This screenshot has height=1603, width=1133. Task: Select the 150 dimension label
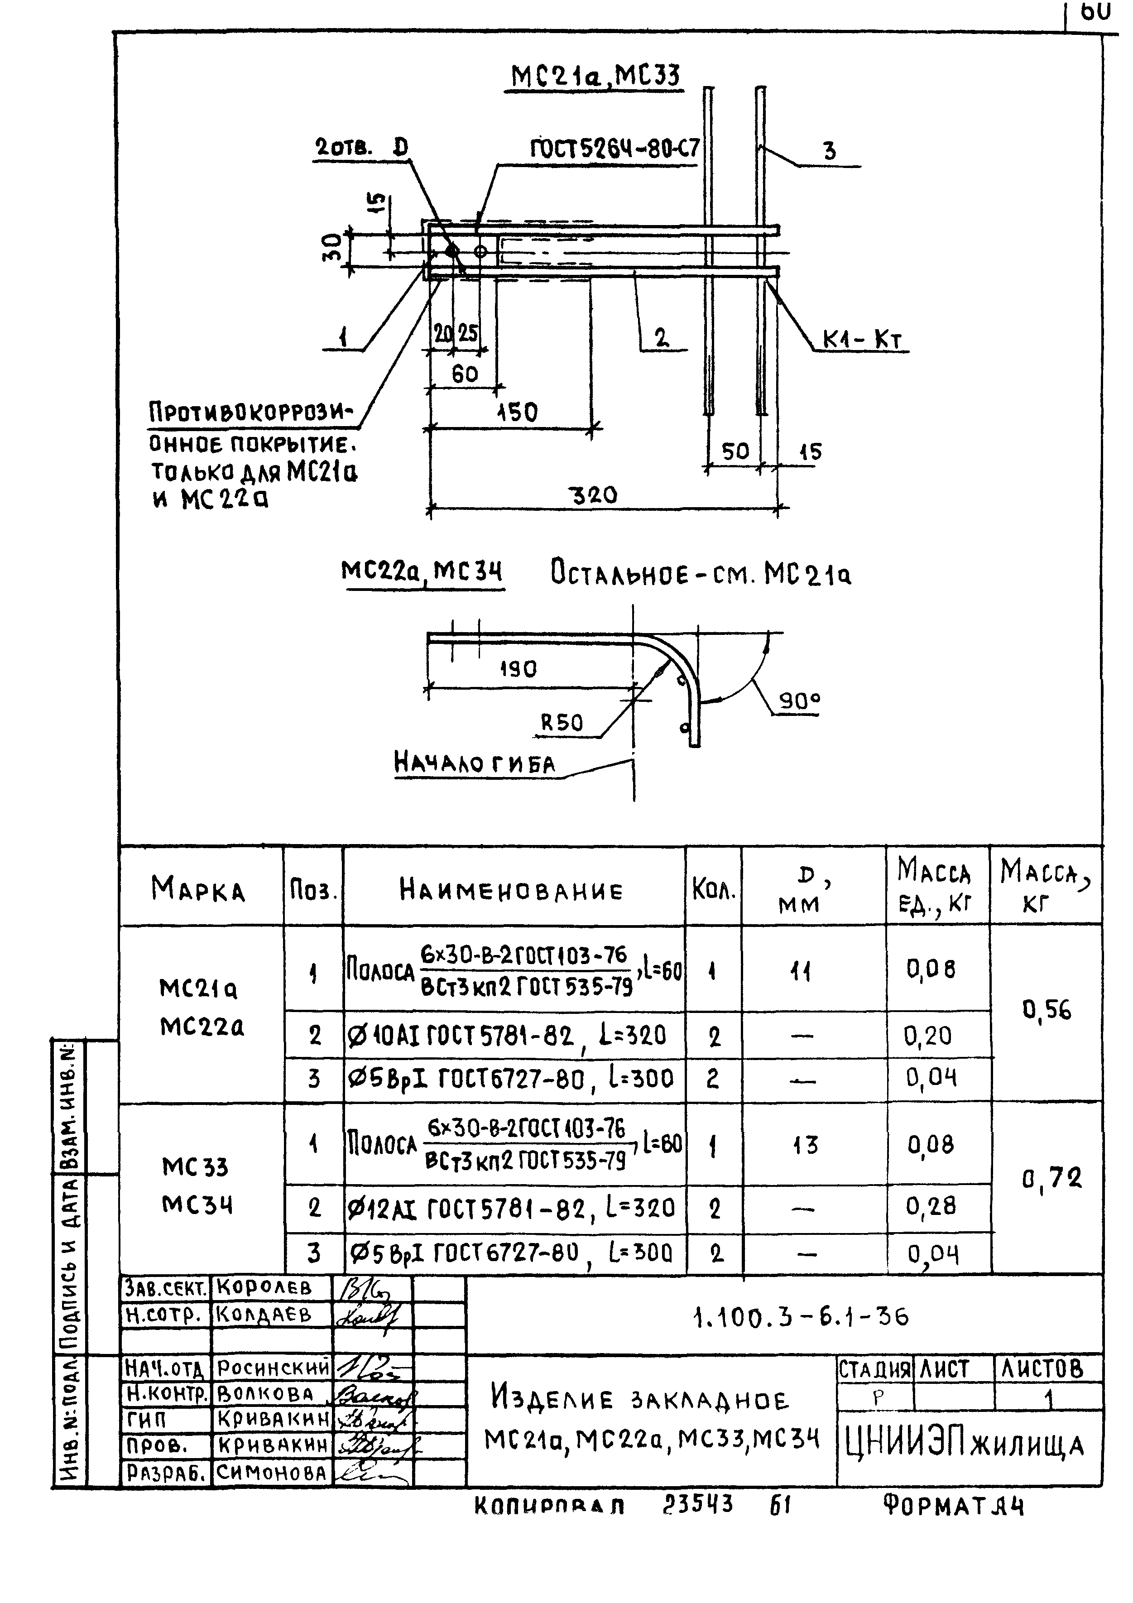tap(517, 412)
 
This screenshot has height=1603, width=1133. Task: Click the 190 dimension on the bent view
tap(518, 669)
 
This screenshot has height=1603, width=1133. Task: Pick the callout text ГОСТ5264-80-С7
tap(615, 149)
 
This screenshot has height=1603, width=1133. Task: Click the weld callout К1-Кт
tap(862, 340)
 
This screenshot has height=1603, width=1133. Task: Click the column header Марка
tap(198, 889)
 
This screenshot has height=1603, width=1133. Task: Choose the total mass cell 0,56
tap(1047, 1010)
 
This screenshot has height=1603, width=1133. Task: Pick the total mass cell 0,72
tap(1051, 1179)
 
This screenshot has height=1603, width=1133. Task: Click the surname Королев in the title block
tap(264, 1287)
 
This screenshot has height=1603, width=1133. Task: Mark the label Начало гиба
tap(475, 763)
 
